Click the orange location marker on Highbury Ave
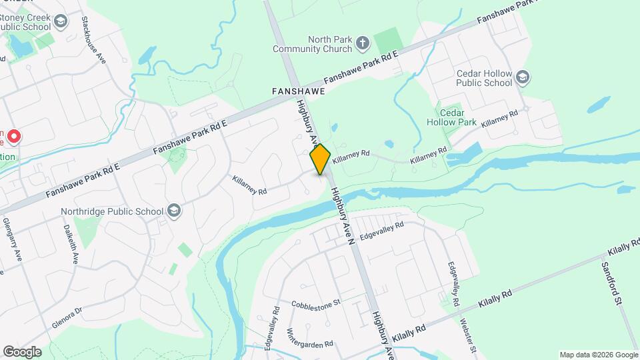320,159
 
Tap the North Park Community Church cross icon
362,44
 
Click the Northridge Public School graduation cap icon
174,211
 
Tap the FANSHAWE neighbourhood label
298,90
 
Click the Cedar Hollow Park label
451,117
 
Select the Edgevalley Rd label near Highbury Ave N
381,231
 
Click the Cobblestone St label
315,303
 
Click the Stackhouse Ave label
94,39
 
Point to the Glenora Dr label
66,318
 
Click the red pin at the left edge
13,137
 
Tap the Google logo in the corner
22,351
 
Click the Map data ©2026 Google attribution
598,355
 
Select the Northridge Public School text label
111,212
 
